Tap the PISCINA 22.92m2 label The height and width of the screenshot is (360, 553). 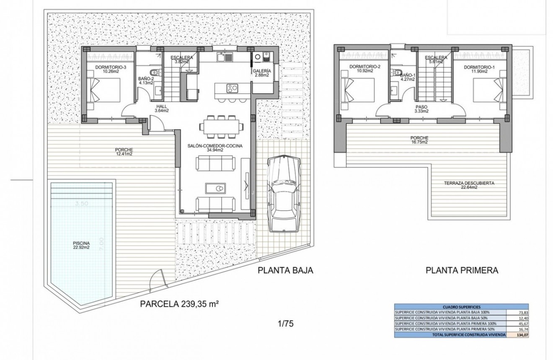[x=80, y=244]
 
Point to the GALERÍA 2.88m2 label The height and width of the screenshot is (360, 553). [x=262, y=73]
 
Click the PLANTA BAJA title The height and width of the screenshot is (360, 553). [x=285, y=270]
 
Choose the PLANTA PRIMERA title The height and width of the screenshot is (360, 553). [x=462, y=270]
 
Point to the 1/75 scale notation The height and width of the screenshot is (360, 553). [x=285, y=324]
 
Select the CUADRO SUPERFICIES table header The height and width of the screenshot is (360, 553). [x=461, y=307]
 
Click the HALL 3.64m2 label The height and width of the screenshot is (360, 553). [x=161, y=109]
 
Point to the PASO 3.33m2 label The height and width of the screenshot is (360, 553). [x=421, y=109]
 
